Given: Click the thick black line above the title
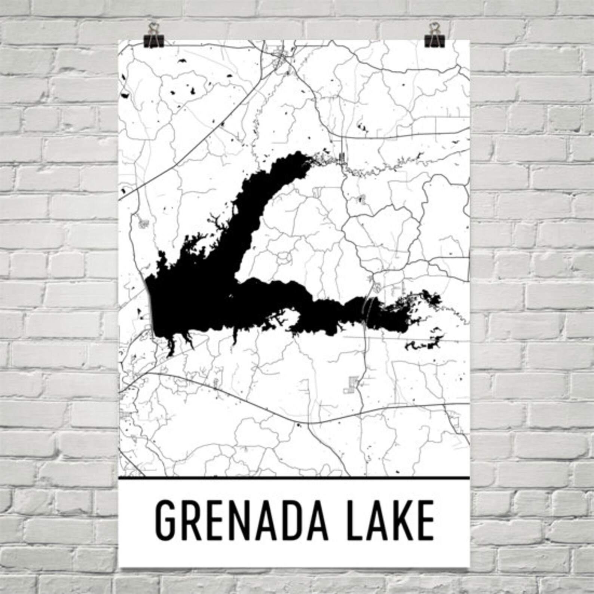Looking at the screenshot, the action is point(294,478).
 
